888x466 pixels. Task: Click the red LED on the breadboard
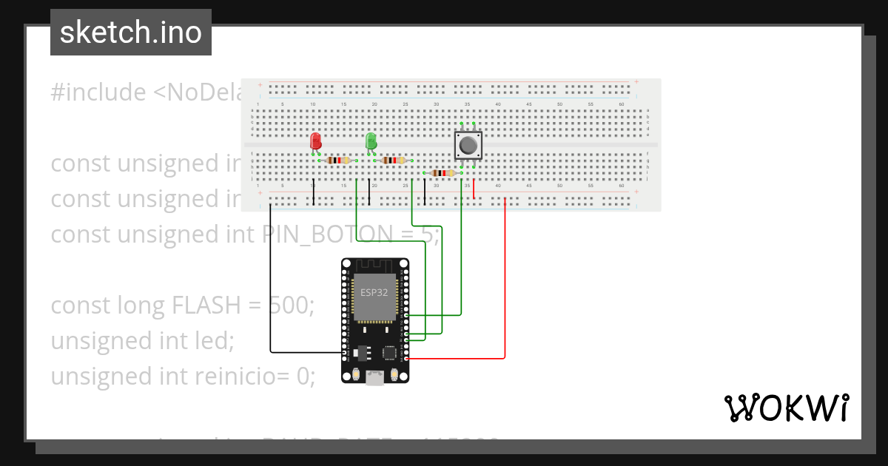point(316,140)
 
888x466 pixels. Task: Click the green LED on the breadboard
point(371,140)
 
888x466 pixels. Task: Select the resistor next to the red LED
point(338,160)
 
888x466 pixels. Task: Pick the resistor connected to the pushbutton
point(443,173)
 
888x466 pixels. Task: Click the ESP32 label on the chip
point(374,292)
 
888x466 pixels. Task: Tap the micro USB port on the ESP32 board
point(375,379)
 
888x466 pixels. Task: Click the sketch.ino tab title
point(131,33)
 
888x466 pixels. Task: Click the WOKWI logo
point(785,408)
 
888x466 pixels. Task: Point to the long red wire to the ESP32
point(505,281)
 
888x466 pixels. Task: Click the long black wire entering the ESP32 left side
point(271,296)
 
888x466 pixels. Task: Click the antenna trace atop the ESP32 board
point(375,266)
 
